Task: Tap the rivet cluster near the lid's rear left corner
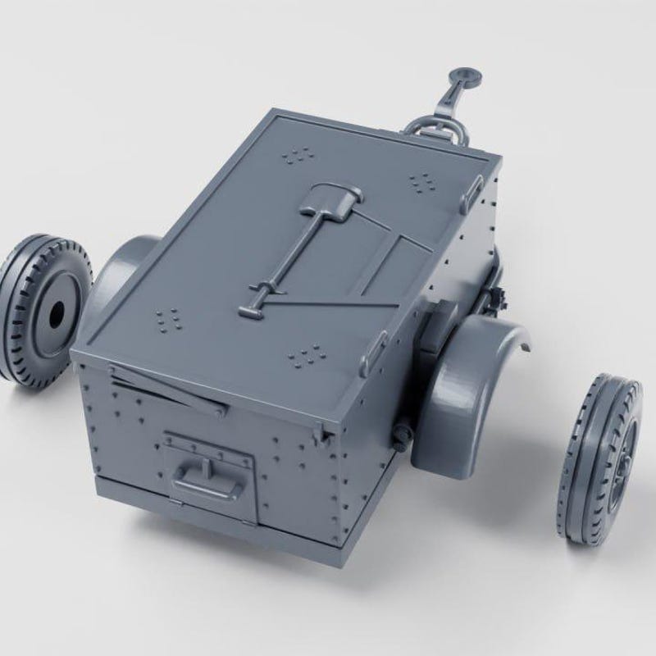(169, 317)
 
